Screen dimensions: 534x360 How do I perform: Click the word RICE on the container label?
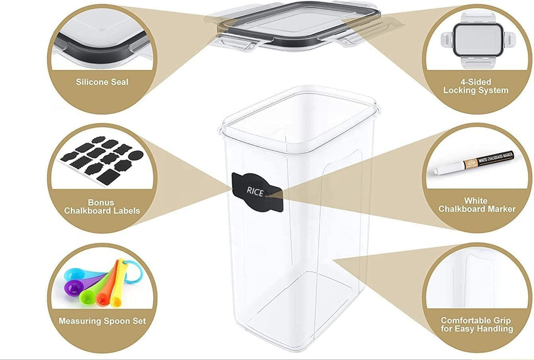pos(255,192)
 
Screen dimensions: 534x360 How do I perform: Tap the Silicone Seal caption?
pos(102,82)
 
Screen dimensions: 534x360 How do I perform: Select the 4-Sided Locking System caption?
pos(476,86)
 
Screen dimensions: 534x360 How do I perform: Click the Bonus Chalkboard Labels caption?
pos(102,207)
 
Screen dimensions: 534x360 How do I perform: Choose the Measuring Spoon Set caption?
pos(102,321)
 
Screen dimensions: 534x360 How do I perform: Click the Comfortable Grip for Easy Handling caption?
pos(477,325)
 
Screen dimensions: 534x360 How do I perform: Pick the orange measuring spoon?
pos(107,290)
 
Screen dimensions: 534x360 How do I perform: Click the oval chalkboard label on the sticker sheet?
pos(136,155)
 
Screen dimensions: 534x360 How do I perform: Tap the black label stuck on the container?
pos(257,193)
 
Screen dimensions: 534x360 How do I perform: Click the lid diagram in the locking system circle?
pos(478,40)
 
